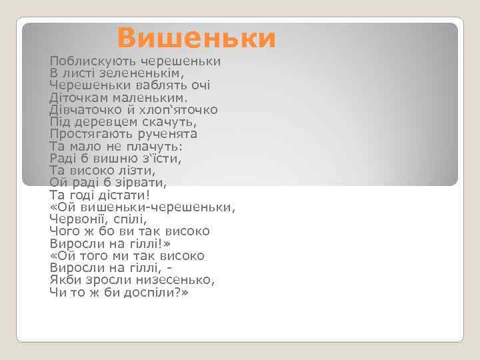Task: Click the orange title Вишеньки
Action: (196, 38)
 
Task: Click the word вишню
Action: (119, 159)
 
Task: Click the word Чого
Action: (64, 231)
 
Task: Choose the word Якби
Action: (64, 280)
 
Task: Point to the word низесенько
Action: (175, 280)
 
